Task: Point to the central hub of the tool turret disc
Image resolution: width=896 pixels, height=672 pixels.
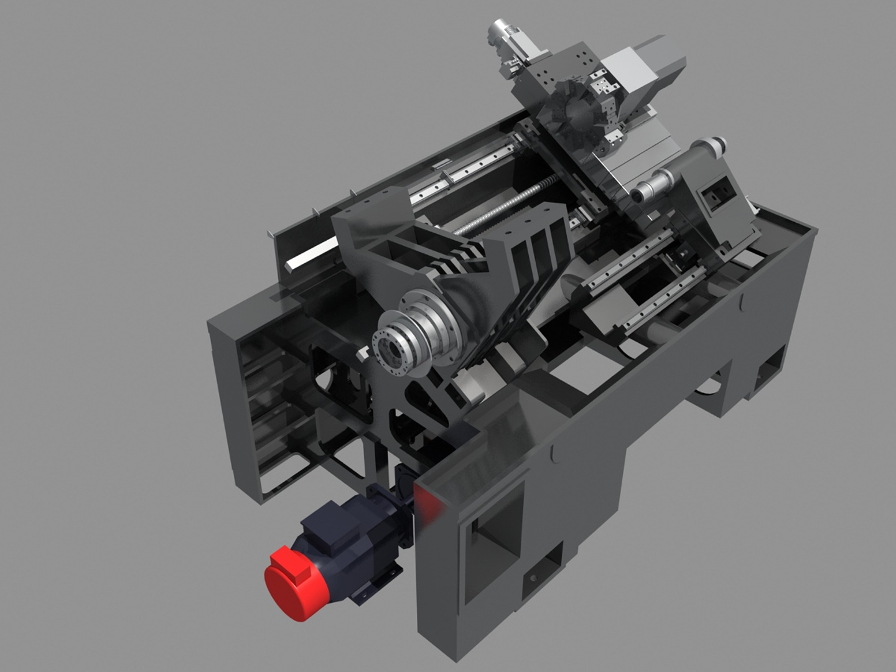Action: tap(579, 118)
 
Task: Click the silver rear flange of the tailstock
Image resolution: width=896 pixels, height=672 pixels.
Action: tap(716, 146)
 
